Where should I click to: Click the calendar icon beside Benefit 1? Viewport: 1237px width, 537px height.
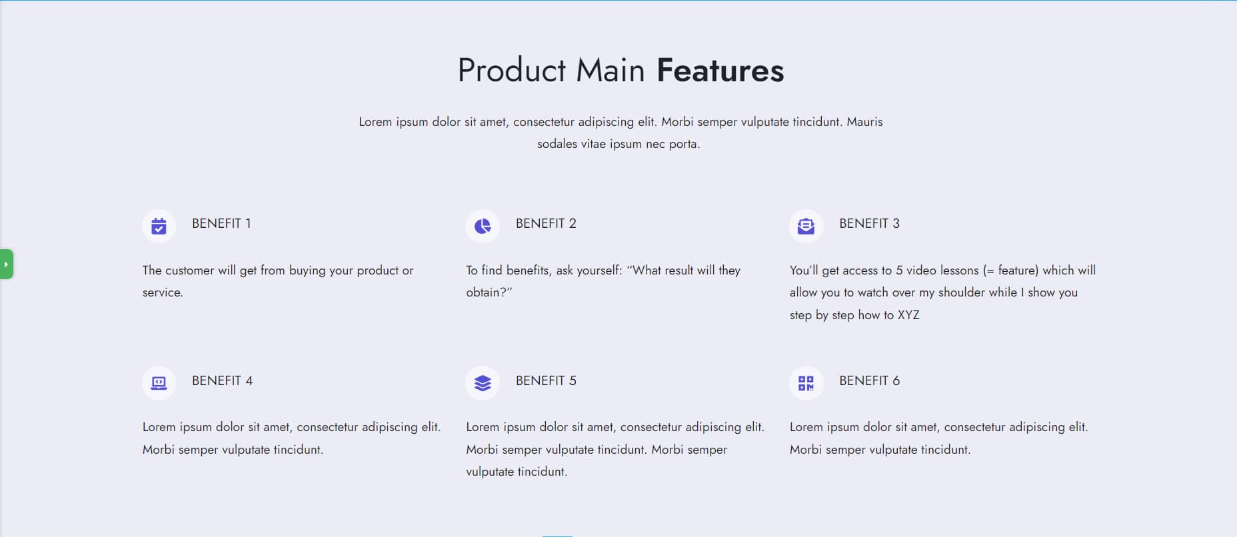[159, 226]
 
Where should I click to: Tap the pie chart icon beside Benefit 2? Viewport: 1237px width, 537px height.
[483, 226]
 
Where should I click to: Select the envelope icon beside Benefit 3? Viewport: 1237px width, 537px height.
[806, 226]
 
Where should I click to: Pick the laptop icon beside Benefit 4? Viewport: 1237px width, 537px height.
[159, 383]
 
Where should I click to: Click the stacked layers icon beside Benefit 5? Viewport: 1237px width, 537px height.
[483, 383]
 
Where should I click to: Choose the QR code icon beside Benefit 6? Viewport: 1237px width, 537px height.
[806, 383]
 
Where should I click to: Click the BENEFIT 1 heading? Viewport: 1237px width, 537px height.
[221, 224]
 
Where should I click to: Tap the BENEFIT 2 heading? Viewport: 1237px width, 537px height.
[546, 224]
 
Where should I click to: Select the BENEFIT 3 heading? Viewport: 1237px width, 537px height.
[869, 224]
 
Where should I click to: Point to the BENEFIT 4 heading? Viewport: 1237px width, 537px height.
[222, 381]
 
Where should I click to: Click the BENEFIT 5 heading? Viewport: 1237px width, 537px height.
[546, 381]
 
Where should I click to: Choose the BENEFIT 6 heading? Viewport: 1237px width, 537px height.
[869, 381]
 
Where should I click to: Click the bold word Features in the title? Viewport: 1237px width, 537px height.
[720, 71]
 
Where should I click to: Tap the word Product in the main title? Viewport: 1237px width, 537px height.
[511, 71]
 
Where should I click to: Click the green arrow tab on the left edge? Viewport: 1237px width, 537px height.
[6, 264]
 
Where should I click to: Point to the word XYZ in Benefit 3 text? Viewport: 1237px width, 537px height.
[908, 315]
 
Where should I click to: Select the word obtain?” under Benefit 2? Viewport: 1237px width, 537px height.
[489, 292]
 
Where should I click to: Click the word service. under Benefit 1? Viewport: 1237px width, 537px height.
[163, 292]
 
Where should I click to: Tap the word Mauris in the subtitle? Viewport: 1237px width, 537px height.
[864, 122]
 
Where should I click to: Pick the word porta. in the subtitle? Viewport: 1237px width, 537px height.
[684, 144]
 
